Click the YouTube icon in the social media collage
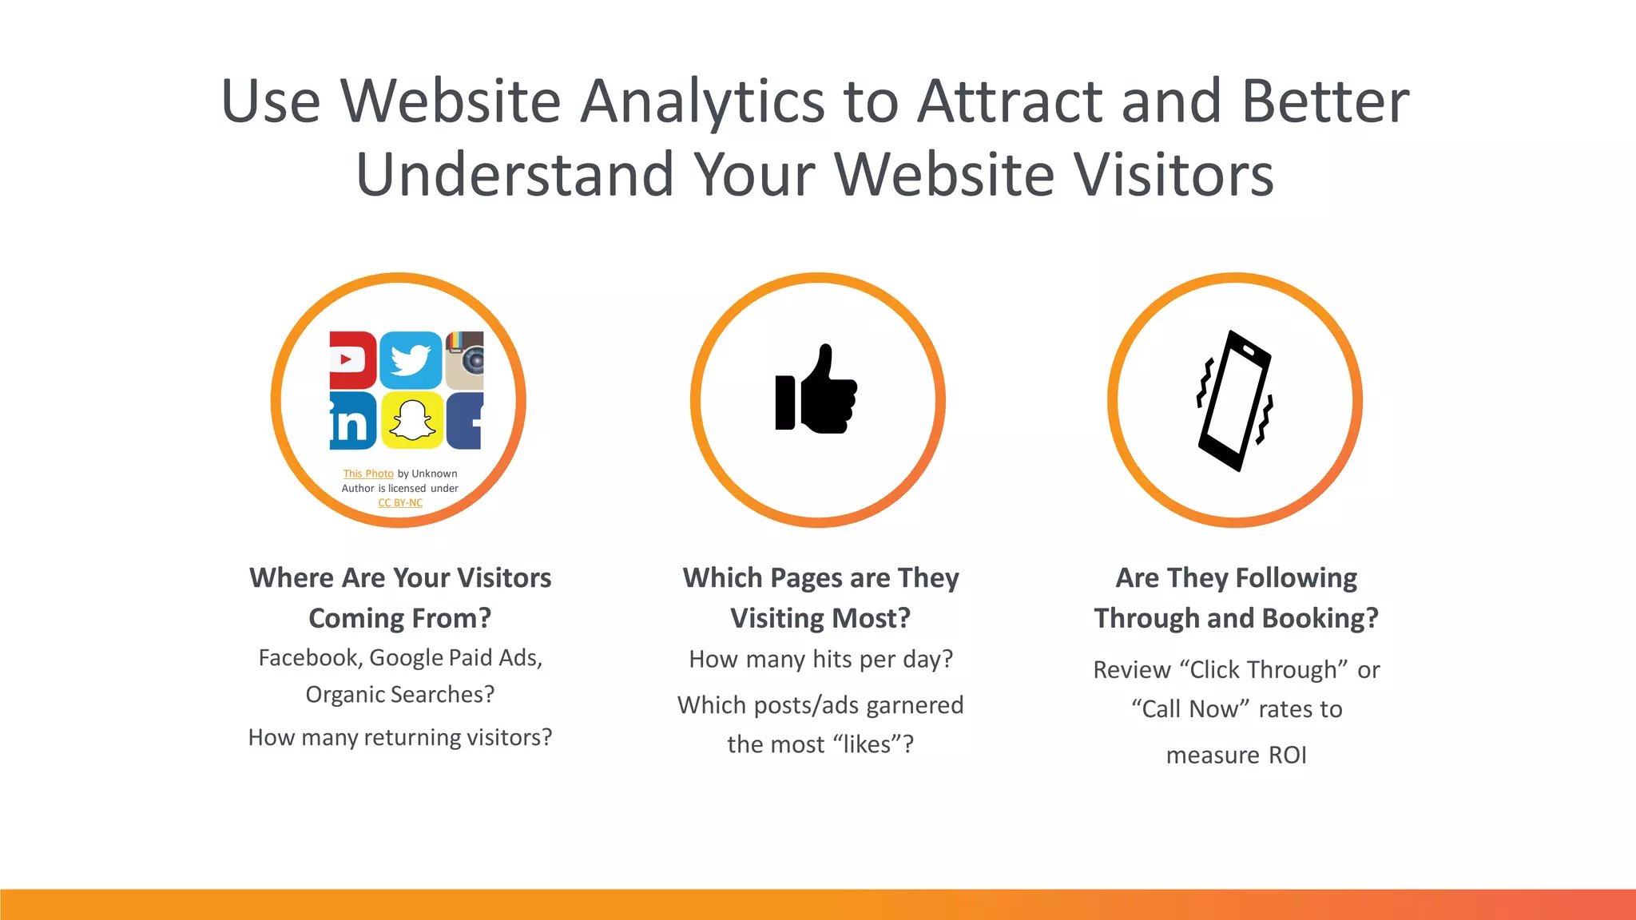[x=352, y=359]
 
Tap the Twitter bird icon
[x=411, y=359]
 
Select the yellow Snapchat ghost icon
[x=411, y=420]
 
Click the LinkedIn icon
[x=352, y=421]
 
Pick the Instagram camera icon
[x=465, y=360]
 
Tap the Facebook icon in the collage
[x=465, y=421]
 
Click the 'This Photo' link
[x=368, y=474]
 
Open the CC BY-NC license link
[x=400, y=503]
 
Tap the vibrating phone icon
[x=1235, y=400]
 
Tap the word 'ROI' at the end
[x=1288, y=755]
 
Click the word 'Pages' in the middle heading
[x=807, y=578]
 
